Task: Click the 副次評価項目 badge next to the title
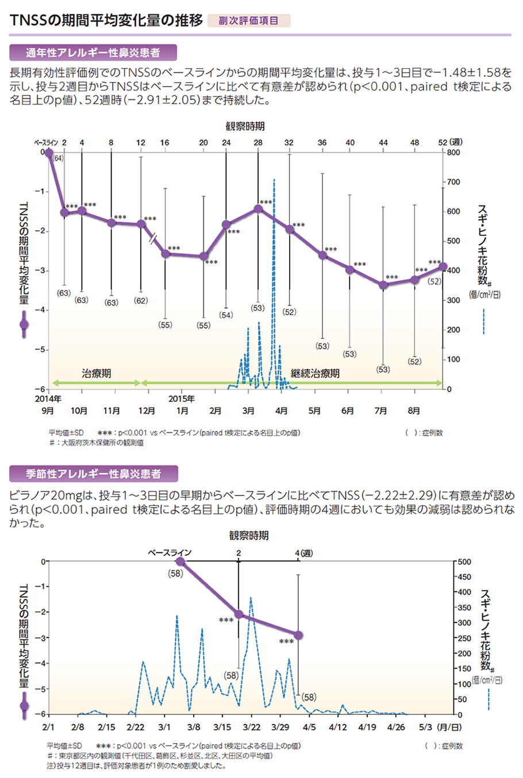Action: (248, 21)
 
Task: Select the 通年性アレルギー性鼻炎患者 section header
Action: (93, 53)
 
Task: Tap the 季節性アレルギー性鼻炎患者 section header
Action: (94, 474)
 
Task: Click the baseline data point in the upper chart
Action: (49, 152)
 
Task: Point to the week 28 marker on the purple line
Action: (258, 209)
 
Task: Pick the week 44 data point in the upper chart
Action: (383, 284)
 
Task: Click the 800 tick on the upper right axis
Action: (453, 153)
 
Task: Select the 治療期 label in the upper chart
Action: (96, 373)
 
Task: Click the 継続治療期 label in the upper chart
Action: (315, 373)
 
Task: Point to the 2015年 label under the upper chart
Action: (181, 398)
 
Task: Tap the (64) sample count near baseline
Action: (58, 158)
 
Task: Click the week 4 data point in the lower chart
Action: (298, 635)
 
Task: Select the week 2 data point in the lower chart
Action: (239, 614)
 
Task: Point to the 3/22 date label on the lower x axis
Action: (251, 727)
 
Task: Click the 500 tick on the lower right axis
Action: (463, 562)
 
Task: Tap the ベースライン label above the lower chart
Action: (170, 552)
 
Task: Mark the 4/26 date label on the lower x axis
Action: (396, 727)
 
